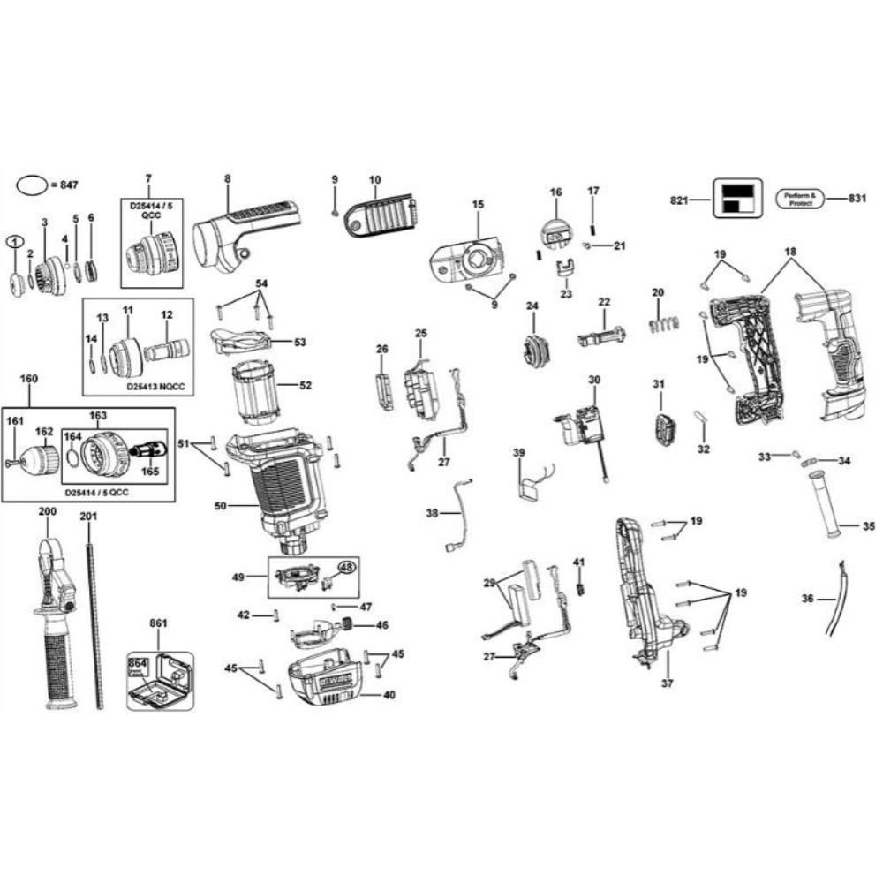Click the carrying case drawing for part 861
tap(161, 681)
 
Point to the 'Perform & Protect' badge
tap(799, 199)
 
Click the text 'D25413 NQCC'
tap(156, 386)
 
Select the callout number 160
tap(28, 379)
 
